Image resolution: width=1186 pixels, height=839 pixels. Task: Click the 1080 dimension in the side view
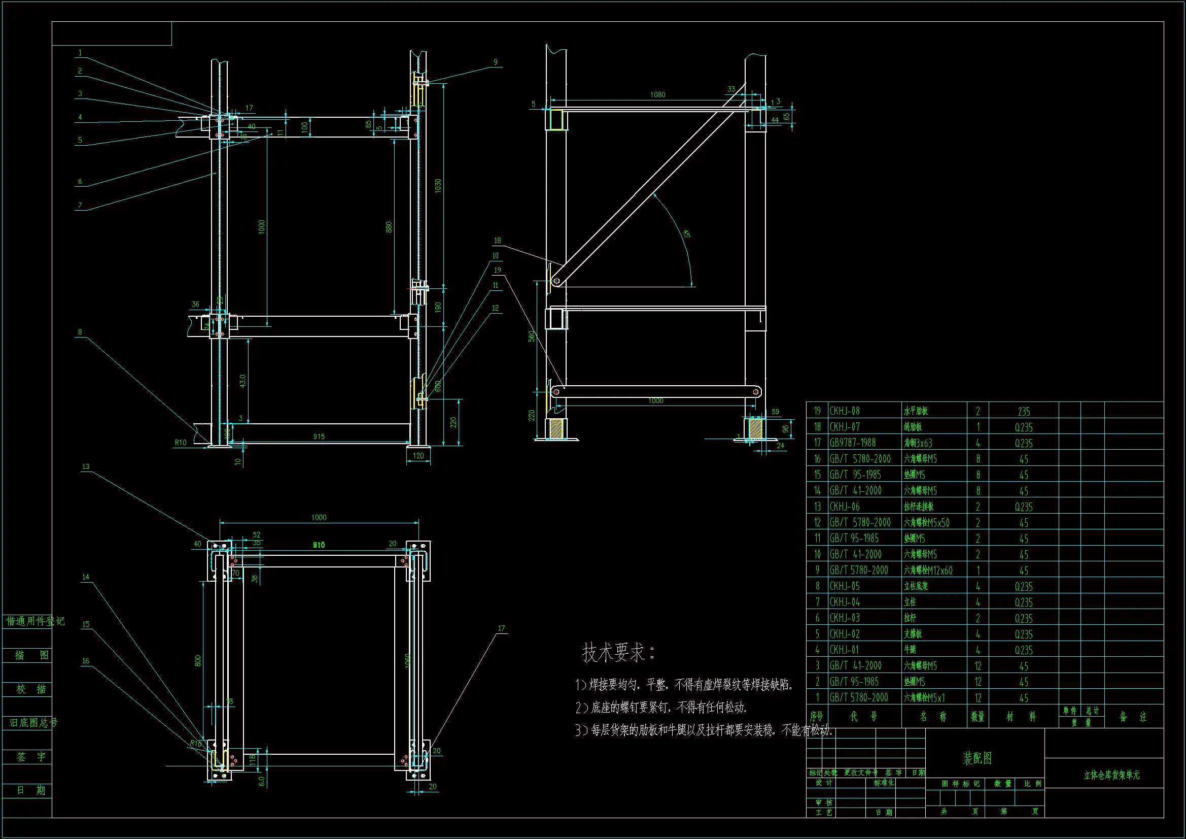657,95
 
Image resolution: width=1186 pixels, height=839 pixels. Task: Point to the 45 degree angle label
686,234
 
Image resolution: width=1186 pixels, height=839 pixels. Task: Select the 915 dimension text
319,437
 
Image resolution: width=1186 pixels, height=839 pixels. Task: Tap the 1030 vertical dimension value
438,186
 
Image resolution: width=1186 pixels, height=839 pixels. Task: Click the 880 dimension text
389,227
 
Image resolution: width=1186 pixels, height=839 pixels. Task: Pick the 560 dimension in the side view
532,337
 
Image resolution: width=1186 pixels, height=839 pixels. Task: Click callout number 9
496,62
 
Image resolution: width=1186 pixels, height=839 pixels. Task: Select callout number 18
497,241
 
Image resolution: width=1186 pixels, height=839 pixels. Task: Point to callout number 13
86,467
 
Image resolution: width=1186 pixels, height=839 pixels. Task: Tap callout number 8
80,332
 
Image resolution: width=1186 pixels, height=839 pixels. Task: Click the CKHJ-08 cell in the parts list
845,411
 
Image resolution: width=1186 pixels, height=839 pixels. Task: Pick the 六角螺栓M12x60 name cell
928,570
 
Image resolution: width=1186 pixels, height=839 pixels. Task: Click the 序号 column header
816,717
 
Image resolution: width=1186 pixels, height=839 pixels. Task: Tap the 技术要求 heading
618,652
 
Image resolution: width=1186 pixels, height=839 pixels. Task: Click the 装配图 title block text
978,758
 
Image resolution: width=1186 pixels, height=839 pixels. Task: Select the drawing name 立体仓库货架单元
1111,776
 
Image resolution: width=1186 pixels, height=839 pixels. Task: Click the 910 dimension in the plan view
319,545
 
